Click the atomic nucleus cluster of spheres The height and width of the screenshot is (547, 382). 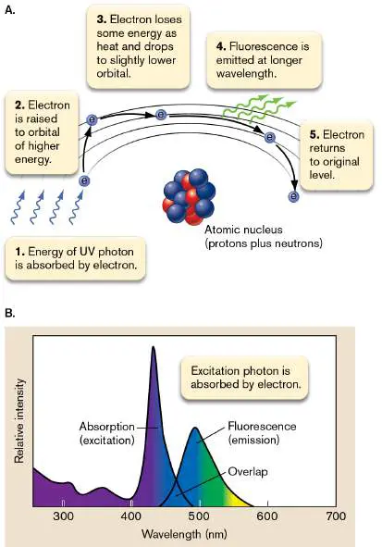tap(189, 197)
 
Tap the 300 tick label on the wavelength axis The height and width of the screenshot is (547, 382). tap(63, 516)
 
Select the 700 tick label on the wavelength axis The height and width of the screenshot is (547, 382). tap(336, 516)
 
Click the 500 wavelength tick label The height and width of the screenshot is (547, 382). tap(199, 516)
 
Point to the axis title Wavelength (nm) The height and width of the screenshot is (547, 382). tap(184, 534)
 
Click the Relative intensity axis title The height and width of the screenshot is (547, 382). tap(19, 421)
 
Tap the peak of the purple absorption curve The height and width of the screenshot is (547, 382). tap(153, 347)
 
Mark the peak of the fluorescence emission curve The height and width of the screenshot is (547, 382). tap(195, 429)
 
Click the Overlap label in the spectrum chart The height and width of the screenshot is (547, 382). tap(248, 472)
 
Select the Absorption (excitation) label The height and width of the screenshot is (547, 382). tap(107, 433)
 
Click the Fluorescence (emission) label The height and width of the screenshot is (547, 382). tap(262, 433)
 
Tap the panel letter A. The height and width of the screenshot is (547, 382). tap(10, 10)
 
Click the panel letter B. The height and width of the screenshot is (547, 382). tap(10, 313)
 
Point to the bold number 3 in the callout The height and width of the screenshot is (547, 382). tap(101, 19)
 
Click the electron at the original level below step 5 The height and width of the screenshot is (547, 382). tap(293, 196)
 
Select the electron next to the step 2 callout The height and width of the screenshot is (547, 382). tap(92, 119)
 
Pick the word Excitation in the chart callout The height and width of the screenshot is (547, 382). tap(216, 371)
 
